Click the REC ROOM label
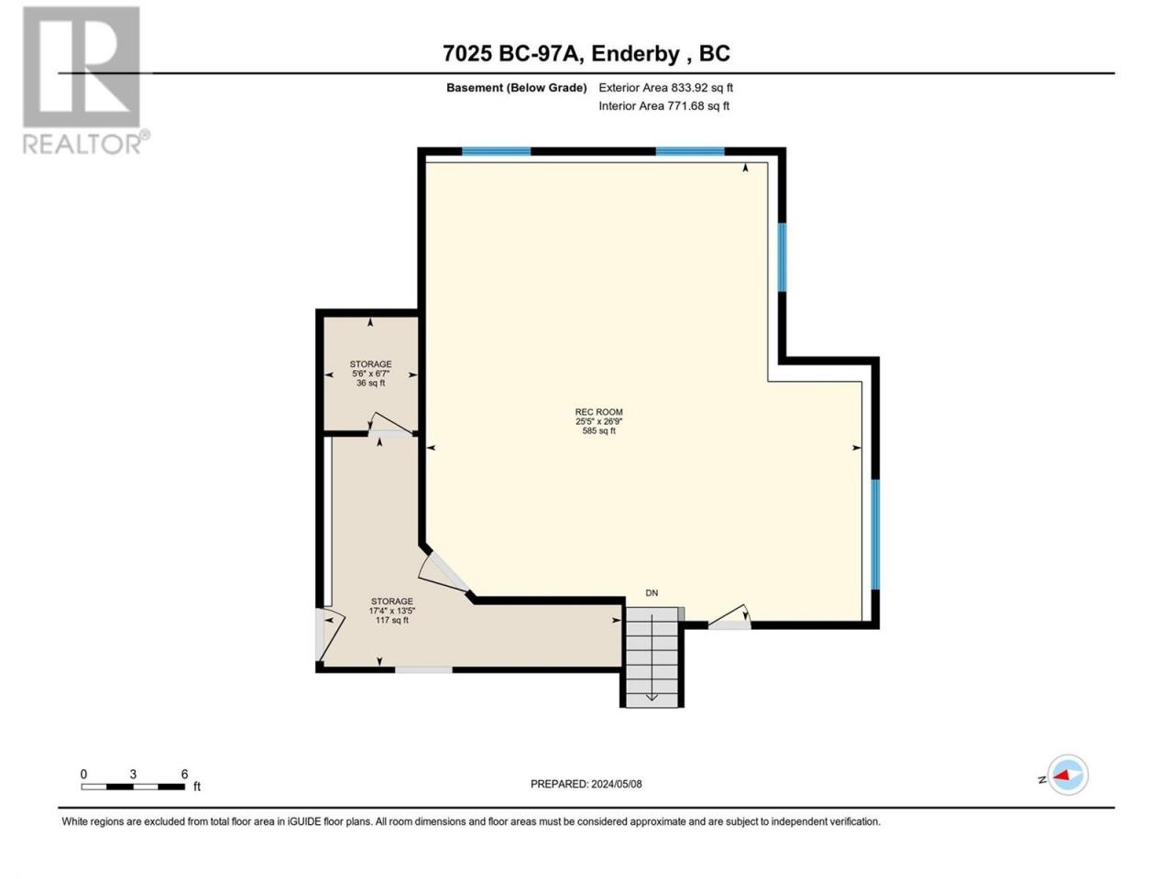click(598, 412)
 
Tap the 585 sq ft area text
click(598, 430)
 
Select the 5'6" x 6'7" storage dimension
click(370, 374)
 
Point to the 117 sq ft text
click(391, 620)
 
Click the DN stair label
click(652, 593)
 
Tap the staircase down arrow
click(652, 657)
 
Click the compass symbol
click(1068, 775)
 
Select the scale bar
click(133, 787)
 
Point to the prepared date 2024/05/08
click(616, 784)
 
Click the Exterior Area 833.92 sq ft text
click(665, 88)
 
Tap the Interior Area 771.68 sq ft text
click(663, 105)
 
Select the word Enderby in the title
click(635, 54)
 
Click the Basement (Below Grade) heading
click(516, 88)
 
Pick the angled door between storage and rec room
click(443, 571)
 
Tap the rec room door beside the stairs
click(729, 616)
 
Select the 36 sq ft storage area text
click(370, 384)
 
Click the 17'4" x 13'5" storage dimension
click(391, 611)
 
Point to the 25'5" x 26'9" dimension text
click(598, 421)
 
